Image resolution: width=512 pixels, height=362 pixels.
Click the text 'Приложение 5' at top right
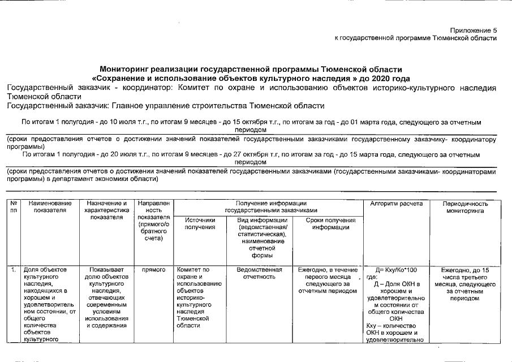[x=474, y=29]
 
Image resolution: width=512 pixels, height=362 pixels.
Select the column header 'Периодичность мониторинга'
[x=463, y=207]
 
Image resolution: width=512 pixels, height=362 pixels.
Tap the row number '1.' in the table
[x=12, y=270]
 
